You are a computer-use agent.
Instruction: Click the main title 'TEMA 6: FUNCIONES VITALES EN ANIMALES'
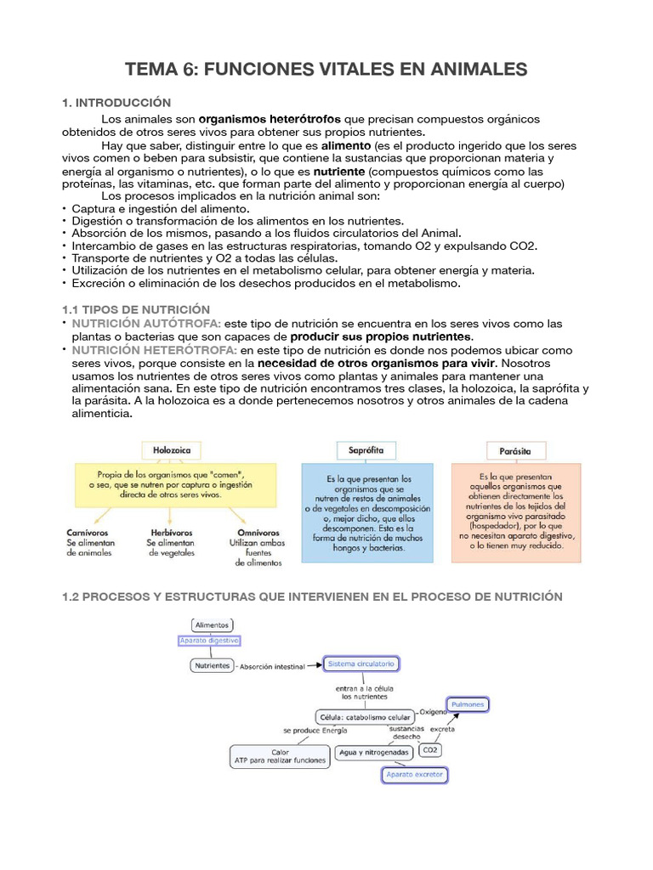[x=326, y=69]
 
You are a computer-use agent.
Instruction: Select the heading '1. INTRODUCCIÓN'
[x=116, y=103]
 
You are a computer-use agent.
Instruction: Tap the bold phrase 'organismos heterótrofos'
[x=269, y=119]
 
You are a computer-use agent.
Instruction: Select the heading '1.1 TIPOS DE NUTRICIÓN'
[x=136, y=309]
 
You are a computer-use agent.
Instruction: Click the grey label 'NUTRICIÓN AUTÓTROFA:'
[x=146, y=324]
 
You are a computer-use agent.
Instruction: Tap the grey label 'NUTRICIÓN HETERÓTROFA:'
[x=154, y=349]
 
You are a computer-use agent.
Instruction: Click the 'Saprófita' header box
[x=366, y=449]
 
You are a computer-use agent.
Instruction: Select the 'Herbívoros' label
[x=170, y=532]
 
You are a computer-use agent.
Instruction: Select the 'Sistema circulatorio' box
[x=361, y=663]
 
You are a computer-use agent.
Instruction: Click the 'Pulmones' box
[x=468, y=704]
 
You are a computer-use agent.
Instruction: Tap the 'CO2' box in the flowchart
[x=431, y=751]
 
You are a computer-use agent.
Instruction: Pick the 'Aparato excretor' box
[x=414, y=775]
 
